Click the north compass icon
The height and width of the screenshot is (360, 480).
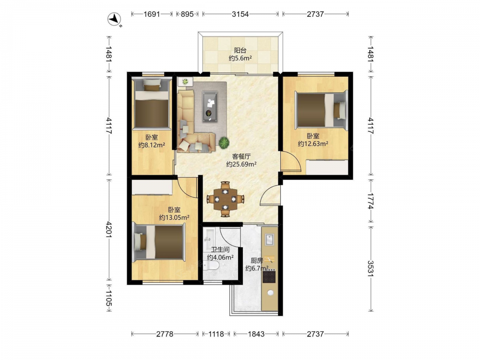115,19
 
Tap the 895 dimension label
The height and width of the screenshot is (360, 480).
187,14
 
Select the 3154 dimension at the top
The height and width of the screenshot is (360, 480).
240,14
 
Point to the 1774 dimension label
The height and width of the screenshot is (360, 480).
371,201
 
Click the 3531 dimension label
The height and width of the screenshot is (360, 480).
371,268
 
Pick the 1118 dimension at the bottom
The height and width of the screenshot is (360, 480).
216,334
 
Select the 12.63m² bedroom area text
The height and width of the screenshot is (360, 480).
313,144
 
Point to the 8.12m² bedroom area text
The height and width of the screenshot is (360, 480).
152,145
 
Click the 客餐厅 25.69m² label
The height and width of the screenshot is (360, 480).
241,160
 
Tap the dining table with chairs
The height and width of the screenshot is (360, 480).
225,199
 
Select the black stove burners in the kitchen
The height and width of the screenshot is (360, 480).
269,277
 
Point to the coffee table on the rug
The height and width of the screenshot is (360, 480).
210,106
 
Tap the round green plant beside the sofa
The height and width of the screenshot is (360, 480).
224,143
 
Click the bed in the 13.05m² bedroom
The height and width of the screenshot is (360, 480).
159,242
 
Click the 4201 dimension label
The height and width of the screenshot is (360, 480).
109,229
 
